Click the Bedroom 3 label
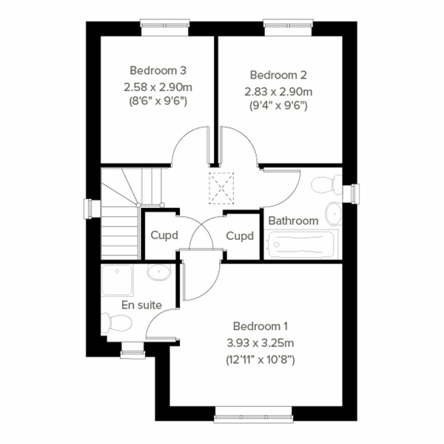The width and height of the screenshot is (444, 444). (158, 71)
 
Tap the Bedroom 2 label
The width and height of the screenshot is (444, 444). (277, 75)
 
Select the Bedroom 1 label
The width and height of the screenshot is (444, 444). (260, 326)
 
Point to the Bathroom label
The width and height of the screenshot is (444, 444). (293, 221)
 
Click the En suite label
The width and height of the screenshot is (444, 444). (142, 304)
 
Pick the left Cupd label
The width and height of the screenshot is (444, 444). (165, 236)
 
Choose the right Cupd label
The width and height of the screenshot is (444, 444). (240, 236)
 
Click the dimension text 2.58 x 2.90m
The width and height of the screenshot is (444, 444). (157, 87)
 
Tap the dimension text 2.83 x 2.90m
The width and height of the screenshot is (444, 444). (278, 91)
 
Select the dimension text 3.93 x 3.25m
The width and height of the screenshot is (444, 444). (260, 343)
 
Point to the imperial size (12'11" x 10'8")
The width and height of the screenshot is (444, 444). (260, 360)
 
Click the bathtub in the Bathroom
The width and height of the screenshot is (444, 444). (302, 244)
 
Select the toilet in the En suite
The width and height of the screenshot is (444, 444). (116, 322)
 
